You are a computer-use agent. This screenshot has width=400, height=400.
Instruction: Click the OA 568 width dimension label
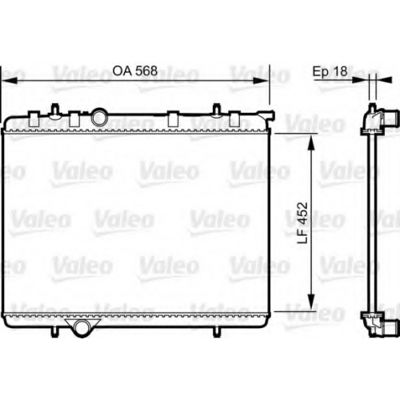pos(135,71)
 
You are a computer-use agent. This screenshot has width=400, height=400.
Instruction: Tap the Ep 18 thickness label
pos(330,71)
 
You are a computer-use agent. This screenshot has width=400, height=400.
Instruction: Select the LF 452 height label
pos(302,223)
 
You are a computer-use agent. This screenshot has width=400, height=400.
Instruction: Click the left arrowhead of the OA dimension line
pos(10,80)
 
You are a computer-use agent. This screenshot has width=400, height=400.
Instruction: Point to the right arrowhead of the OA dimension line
pos(261,80)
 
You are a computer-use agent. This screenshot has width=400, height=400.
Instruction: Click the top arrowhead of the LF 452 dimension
pos(310,142)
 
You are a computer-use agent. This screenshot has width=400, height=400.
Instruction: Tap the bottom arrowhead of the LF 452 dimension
pos(310,302)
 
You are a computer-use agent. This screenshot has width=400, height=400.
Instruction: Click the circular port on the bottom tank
pos(82,328)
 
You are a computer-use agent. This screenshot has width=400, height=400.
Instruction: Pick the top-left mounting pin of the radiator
pos(55,110)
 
